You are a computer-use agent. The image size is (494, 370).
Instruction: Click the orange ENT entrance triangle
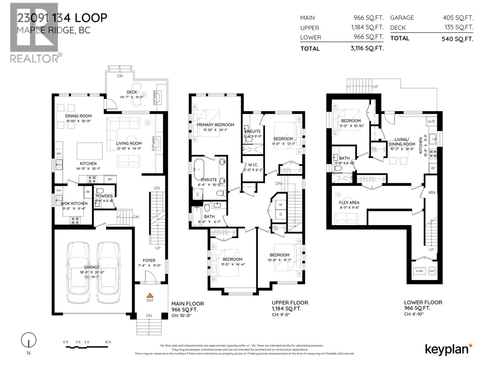(150, 295)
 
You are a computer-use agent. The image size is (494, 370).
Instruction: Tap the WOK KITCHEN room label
(74, 203)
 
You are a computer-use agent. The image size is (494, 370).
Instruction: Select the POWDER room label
(104, 196)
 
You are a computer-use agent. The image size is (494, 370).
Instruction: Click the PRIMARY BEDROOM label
(216, 125)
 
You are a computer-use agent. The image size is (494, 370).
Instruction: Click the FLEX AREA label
(349, 203)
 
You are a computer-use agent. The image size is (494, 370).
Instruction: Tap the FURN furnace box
(419, 271)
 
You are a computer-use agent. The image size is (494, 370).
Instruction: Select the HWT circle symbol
(432, 271)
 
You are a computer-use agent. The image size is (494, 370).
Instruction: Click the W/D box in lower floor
(431, 121)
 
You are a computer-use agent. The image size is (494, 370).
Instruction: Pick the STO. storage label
(432, 192)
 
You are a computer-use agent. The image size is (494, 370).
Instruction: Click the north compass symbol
(29, 340)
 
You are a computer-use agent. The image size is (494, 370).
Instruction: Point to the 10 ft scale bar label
(108, 342)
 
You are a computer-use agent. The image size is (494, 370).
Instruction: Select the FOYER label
(149, 261)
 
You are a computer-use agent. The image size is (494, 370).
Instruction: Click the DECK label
(132, 92)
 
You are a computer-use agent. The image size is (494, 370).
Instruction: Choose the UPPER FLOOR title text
(290, 303)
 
